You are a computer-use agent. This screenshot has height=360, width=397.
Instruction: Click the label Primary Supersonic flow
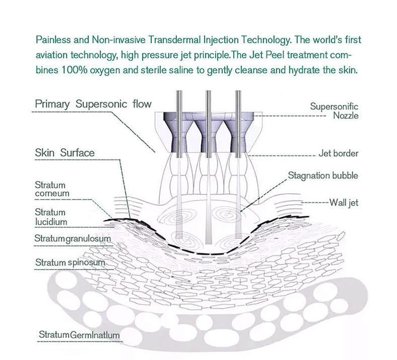pos(93,104)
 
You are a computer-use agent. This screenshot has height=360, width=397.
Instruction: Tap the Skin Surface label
pos(64,152)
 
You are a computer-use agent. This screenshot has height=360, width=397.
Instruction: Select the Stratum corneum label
pos(52,189)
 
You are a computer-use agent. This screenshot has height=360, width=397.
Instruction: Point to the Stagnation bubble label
pos(323,176)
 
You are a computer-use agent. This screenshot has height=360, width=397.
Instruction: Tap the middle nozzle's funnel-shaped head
pos(207,133)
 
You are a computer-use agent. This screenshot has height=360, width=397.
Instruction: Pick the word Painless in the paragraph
pos(52,39)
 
